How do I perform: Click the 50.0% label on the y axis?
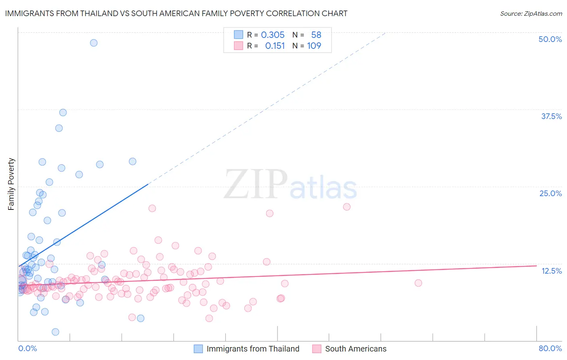click(x=550, y=39)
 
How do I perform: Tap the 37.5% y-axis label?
click(x=551, y=116)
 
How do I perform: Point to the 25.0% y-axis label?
click(x=550, y=193)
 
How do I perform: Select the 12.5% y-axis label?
click(x=551, y=271)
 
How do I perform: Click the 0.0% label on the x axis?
click(x=27, y=348)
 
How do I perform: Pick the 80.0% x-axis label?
click(x=550, y=348)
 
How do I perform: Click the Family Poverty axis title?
click(x=11, y=184)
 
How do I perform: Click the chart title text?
click(x=176, y=13)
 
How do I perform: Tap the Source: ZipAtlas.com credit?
click(x=531, y=13)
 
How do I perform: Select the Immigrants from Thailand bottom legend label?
click(x=253, y=349)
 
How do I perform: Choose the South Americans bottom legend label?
click(x=356, y=349)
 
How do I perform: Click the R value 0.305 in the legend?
click(x=273, y=35)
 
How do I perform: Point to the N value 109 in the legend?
click(x=314, y=46)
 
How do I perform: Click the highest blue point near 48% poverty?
click(x=94, y=43)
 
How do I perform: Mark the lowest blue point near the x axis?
click(x=56, y=332)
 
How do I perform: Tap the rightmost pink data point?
click(x=418, y=283)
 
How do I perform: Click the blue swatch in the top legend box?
click(x=238, y=35)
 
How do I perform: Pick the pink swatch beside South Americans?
click(x=317, y=349)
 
